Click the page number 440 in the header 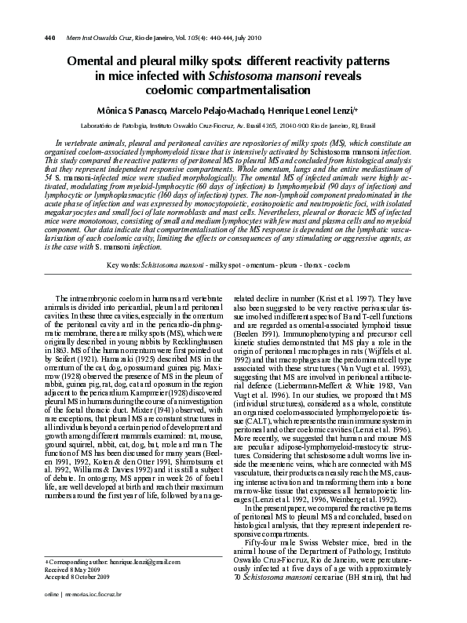pos(27,16)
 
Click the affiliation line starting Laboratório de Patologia pos(233,125)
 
